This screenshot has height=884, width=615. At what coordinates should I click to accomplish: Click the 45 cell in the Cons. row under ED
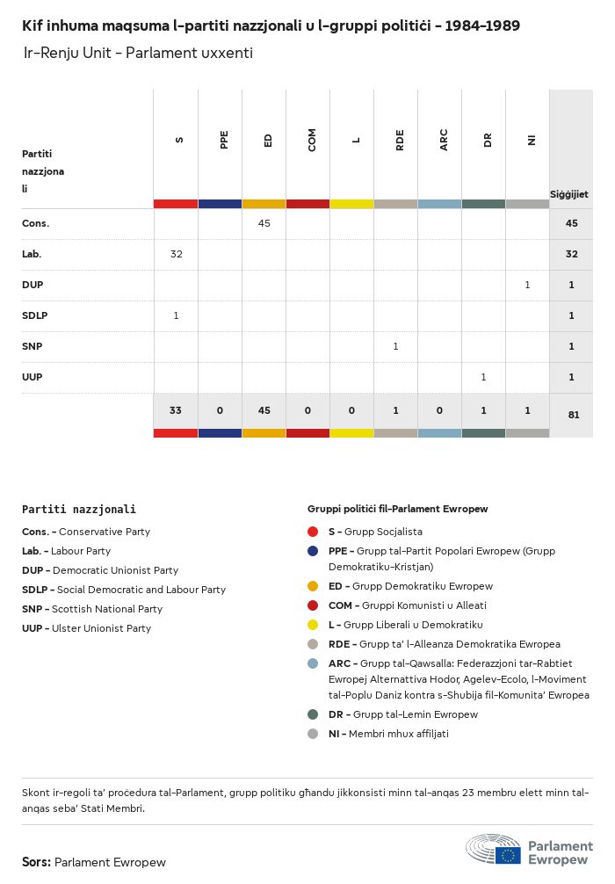(264, 223)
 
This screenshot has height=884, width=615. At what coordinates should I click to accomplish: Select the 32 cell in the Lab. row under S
(176, 254)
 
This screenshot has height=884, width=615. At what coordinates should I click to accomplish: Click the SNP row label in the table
(33, 346)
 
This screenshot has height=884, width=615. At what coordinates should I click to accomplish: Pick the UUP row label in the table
(33, 377)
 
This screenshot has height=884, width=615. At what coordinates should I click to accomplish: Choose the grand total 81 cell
(573, 415)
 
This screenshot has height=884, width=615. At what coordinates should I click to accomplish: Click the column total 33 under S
(176, 410)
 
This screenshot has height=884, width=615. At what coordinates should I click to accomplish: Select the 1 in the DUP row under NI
(527, 285)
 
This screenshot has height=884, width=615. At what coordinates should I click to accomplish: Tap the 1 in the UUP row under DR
(483, 377)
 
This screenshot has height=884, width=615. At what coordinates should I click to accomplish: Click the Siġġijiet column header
(569, 193)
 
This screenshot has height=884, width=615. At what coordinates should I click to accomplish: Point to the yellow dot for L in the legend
(313, 625)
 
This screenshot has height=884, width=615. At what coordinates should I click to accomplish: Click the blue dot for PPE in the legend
(313, 551)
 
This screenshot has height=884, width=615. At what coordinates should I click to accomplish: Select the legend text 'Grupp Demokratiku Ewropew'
(423, 586)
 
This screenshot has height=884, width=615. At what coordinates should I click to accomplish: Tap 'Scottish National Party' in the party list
(107, 609)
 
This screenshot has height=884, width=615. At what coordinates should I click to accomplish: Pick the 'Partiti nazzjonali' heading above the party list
(79, 509)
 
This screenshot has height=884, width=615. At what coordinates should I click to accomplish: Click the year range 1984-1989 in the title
(482, 26)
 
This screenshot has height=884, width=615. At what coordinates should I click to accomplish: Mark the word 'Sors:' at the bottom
(36, 862)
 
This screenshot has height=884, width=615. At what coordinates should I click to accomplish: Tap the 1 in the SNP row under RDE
(395, 346)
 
